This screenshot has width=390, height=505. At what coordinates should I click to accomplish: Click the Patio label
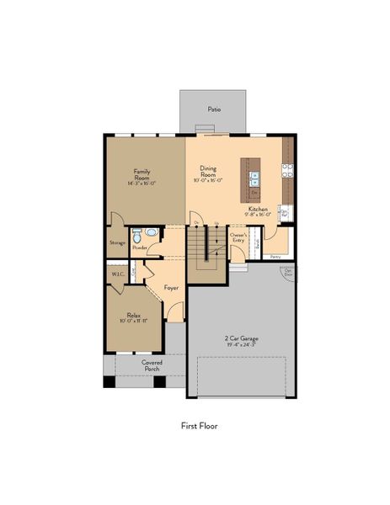(x=215, y=109)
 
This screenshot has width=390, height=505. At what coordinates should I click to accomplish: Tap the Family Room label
(x=142, y=173)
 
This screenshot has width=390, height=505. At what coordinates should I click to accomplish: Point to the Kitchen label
(x=258, y=209)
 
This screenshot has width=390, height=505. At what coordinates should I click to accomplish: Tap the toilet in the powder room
(x=151, y=232)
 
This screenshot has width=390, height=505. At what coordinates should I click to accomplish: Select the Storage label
(x=117, y=243)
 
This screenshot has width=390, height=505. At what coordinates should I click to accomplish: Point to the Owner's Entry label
(x=238, y=238)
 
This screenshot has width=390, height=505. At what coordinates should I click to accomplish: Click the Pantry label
(x=275, y=256)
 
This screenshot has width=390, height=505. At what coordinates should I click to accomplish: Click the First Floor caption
(x=199, y=426)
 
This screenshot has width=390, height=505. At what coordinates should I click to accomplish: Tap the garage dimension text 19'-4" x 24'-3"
(x=241, y=344)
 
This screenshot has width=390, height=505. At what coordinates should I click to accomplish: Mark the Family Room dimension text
(x=142, y=183)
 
